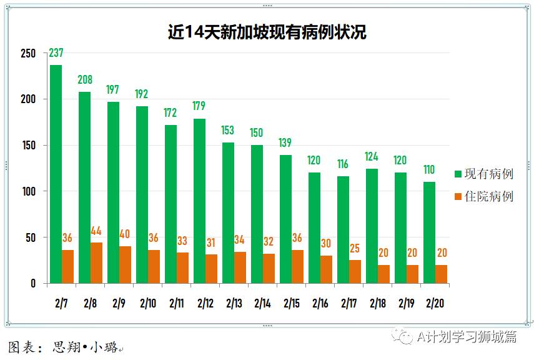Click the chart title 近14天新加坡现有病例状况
(267, 32)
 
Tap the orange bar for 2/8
(96, 263)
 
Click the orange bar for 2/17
(355, 272)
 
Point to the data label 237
(56, 53)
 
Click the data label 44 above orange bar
(96, 231)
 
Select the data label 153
(228, 131)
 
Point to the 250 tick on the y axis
(28, 53)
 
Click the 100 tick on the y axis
(28, 191)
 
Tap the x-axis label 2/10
(147, 304)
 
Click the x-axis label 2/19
(405, 304)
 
